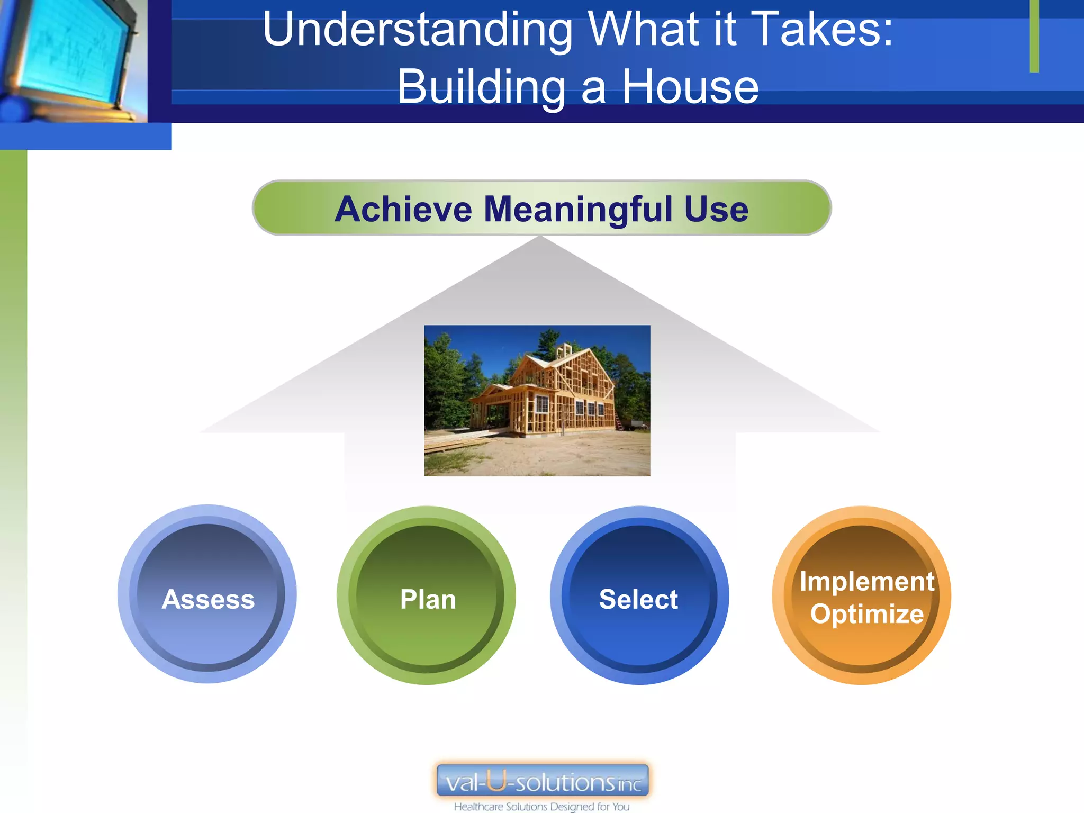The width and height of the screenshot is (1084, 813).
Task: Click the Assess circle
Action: coord(207,594)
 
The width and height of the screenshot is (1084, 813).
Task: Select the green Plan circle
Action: coord(427,595)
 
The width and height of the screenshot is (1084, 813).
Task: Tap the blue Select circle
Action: coord(639,595)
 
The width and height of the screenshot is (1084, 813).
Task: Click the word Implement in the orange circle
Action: coord(866,581)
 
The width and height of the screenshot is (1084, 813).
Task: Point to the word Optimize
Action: coord(866,614)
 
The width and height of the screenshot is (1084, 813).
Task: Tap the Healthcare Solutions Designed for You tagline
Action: coord(541,807)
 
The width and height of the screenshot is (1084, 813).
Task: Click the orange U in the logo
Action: coord(496,780)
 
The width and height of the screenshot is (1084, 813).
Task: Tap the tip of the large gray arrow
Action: coord(540,238)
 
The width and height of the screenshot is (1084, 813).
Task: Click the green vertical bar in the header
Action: coord(1034,36)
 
